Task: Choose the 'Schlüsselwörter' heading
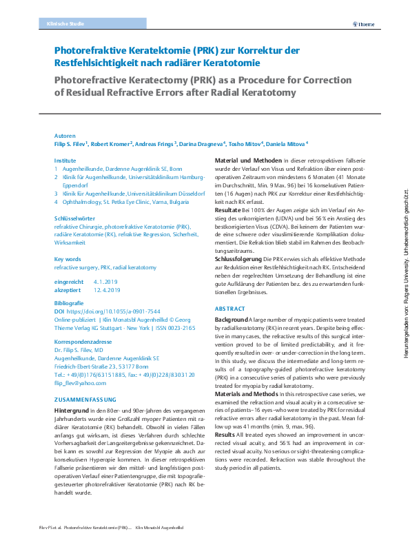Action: [x=74, y=217]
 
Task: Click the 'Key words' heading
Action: [x=68, y=259]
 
